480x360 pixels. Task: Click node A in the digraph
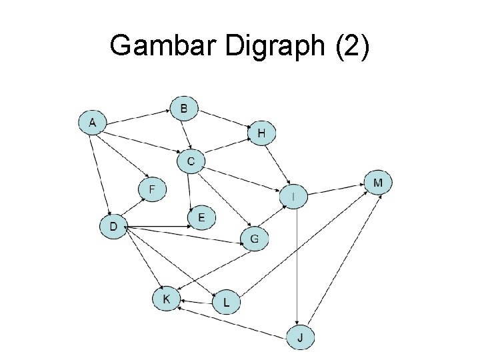tap(93, 123)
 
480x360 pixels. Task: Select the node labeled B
tap(184, 108)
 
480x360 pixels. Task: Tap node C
tap(191, 161)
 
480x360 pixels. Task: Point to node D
tap(113, 227)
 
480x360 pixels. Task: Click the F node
tap(152, 189)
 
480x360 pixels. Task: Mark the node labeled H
tap(261, 133)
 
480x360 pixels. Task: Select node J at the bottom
tap(301, 337)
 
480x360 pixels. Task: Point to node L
tap(227, 303)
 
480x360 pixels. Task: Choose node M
tap(378, 183)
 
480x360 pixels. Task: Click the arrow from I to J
tap(296, 267)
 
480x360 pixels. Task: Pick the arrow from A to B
tap(139, 115)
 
